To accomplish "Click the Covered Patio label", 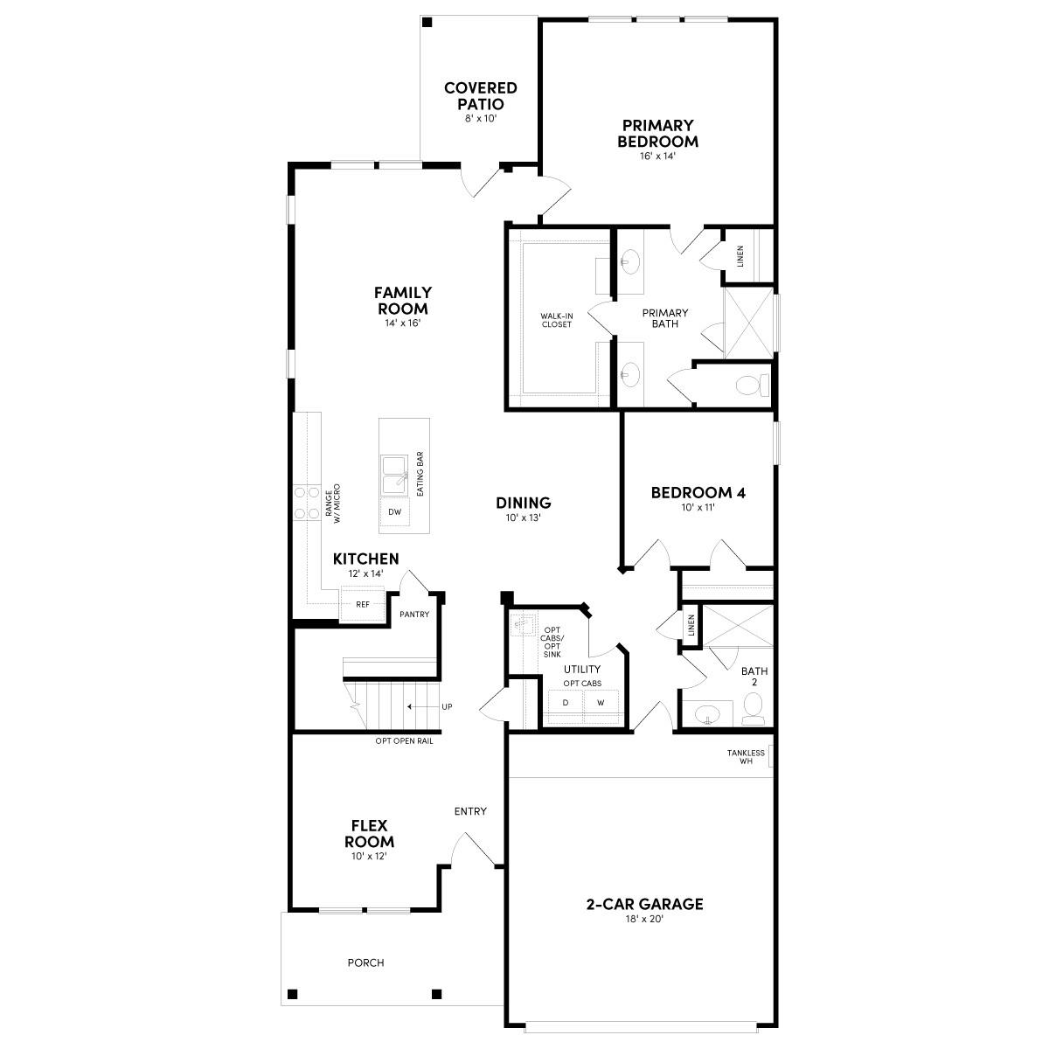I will pyautogui.click(x=480, y=95).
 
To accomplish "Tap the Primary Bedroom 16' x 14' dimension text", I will pyautogui.click(x=657, y=156).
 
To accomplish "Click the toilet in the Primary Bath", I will pyautogui.click(x=750, y=384).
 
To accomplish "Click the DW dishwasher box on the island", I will pyautogui.click(x=394, y=512).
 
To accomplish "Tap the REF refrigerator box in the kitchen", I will pyautogui.click(x=362, y=604).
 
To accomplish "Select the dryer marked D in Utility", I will pyautogui.click(x=566, y=703).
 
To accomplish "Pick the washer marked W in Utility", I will pyautogui.click(x=601, y=703).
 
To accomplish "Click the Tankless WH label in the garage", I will pyautogui.click(x=746, y=757).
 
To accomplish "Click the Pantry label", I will pyautogui.click(x=414, y=615).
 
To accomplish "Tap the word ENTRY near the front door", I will pyautogui.click(x=470, y=811).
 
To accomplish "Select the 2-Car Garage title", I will pyautogui.click(x=644, y=904).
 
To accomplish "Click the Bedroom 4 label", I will pyautogui.click(x=698, y=492).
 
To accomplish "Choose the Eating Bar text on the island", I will pyautogui.click(x=420, y=475).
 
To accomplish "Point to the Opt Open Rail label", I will pyautogui.click(x=404, y=741).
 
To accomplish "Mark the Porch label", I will pyautogui.click(x=365, y=962).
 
